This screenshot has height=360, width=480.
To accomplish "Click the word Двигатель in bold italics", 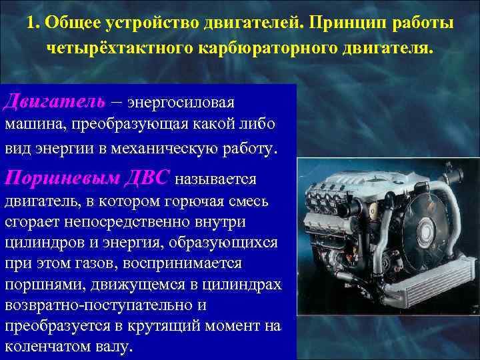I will pos(55,101).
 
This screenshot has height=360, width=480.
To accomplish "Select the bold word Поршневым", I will pos(62,178).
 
